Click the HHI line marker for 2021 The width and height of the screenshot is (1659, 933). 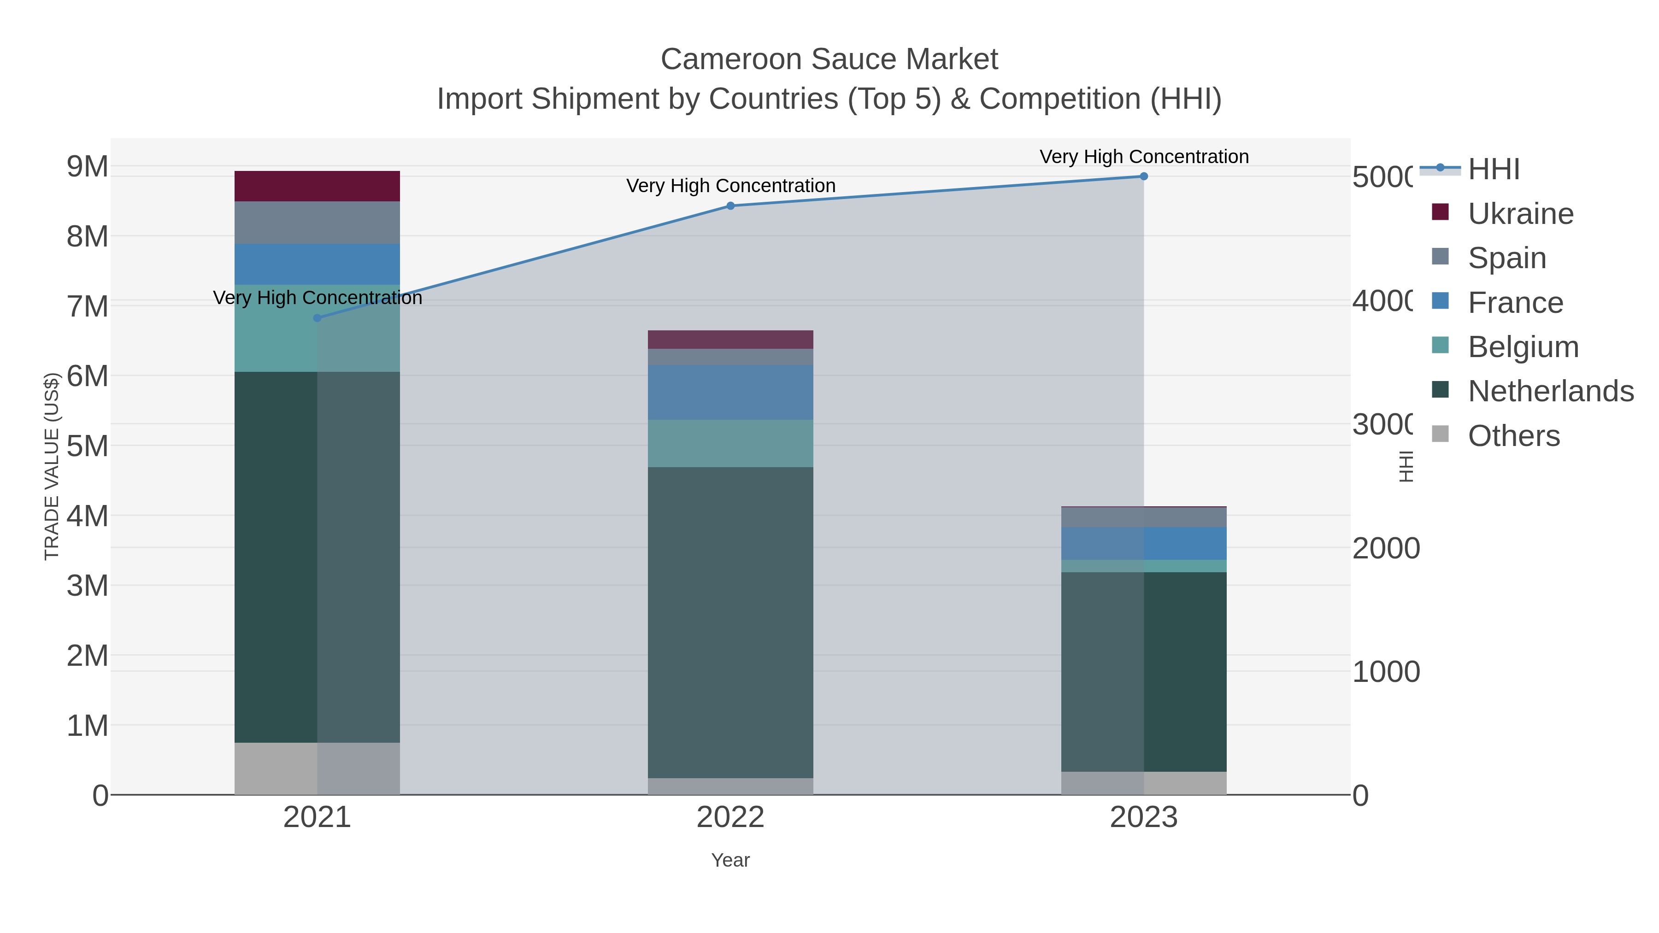click(317, 318)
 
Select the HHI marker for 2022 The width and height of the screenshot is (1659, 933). click(730, 206)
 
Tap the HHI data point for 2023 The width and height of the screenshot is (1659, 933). click(1144, 176)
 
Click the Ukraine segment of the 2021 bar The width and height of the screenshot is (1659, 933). click(317, 187)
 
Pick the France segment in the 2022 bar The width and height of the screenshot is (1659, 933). click(730, 393)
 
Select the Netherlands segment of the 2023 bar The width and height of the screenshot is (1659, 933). click(1144, 672)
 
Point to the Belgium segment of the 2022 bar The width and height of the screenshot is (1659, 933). click(730, 444)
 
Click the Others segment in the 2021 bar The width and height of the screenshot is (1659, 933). click(317, 769)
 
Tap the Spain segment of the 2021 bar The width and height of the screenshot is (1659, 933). click(317, 223)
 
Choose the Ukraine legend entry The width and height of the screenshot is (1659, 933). click(1520, 214)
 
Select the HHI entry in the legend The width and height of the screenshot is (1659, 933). click(1494, 170)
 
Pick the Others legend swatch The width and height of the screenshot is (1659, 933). click(1440, 434)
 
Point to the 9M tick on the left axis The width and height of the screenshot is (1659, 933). click(88, 167)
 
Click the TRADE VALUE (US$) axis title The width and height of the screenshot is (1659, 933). click(52, 466)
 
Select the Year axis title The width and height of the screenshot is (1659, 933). click(730, 860)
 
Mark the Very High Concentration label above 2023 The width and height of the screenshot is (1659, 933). click(1144, 157)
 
